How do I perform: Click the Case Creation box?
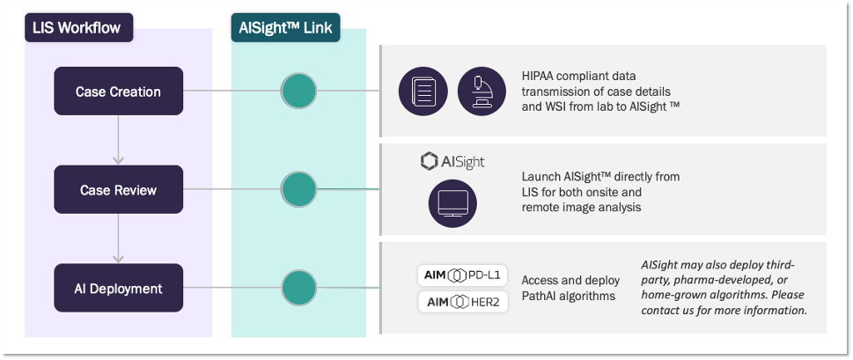[118, 91]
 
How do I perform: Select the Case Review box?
[118, 189]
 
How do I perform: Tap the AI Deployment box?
[118, 288]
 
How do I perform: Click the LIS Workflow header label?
[77, 27]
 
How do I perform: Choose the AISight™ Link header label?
[286, 27]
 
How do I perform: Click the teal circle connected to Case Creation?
[298, 91]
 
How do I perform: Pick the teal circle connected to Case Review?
[298, 188]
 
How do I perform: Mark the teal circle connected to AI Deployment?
[298, 288]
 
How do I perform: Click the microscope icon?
[482, 91]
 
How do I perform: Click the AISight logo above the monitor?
[452, 162]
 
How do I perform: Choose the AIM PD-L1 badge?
[462, 276]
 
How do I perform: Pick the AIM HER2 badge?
[462, 302]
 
